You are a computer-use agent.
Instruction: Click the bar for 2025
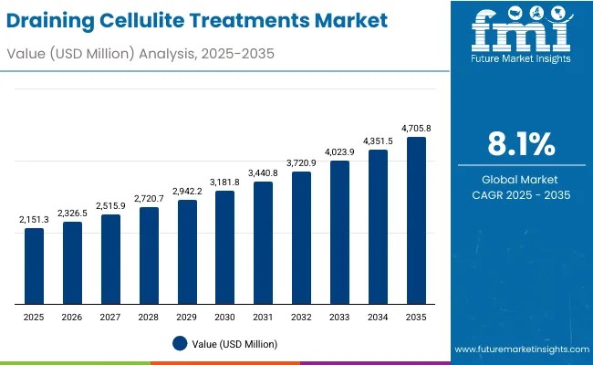click(34, 266)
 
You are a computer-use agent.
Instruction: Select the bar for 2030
click(224, 247)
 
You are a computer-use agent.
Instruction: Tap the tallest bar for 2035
click(416, 220)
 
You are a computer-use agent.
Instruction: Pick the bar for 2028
click(149, 255)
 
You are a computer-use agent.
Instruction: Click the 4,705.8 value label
click(416, 128)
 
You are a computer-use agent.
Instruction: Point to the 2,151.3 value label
click(34, 219)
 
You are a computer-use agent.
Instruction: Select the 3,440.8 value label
click(263, 172)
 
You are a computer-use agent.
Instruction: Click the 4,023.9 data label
click(339, 151)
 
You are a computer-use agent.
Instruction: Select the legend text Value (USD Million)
click(234, 343)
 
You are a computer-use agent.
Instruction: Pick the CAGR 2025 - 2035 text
click(522, 194)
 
